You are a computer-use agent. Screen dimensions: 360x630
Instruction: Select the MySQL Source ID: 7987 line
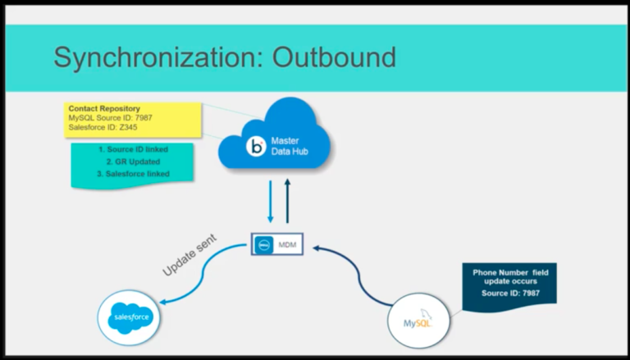111,118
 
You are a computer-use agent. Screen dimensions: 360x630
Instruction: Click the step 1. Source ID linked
133,150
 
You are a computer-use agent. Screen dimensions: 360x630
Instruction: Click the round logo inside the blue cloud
257,148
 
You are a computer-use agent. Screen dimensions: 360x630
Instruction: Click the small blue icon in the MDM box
263,245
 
